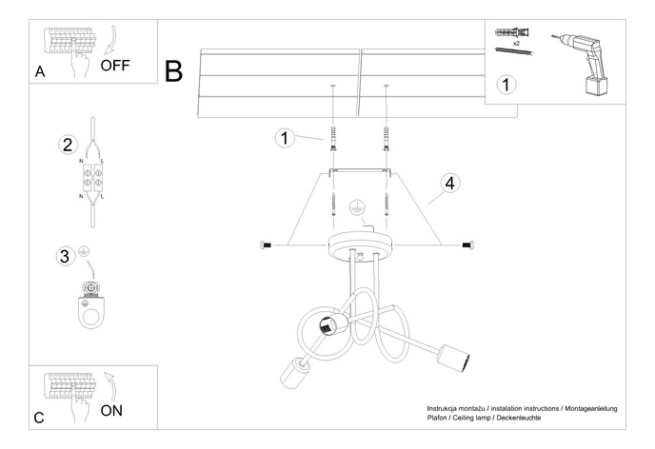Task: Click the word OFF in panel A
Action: (115, 66)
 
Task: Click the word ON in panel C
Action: (111, 411)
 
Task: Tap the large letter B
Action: (174, 71)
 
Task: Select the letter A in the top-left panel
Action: (39, 72)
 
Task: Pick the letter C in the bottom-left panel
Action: (39, 418)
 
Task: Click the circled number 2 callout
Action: (67, 146)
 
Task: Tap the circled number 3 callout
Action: (66, 255)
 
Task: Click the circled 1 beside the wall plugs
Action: (284, 139)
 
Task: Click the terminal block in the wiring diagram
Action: (95, 177)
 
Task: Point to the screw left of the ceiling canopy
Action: (266, 245)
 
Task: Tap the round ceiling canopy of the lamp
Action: (359, 245)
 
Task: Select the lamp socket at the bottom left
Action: (294, 373)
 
